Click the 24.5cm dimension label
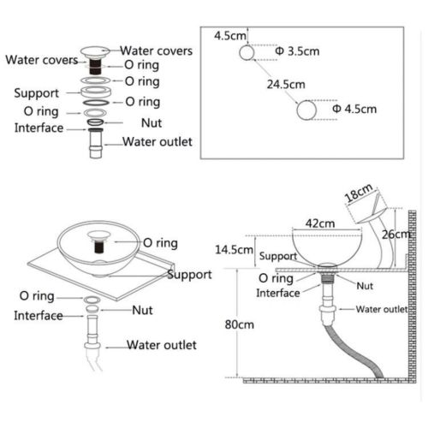tap(286, 85)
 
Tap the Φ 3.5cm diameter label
tap(297, 51)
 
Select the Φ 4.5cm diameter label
tap(354, 109)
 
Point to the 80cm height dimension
tap(240, 324)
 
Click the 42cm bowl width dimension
tap(320, 223)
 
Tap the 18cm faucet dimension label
tap(359, 193)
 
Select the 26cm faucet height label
tap(396, 235)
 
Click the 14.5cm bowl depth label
tap(234, 250)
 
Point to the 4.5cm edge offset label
tap(230, 36)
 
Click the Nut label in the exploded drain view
tap(152, 123)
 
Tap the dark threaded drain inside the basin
tap(98, 247)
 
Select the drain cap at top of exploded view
tap(95, 52)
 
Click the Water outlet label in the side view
tap(382, 309)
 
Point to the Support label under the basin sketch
tap(189, 275)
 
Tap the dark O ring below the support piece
tap(96, 103)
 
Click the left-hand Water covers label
tap(42, 60)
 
